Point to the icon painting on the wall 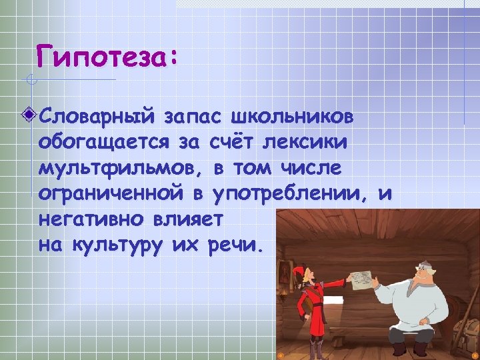coord(285,273)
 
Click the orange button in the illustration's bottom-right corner coord(475,355)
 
